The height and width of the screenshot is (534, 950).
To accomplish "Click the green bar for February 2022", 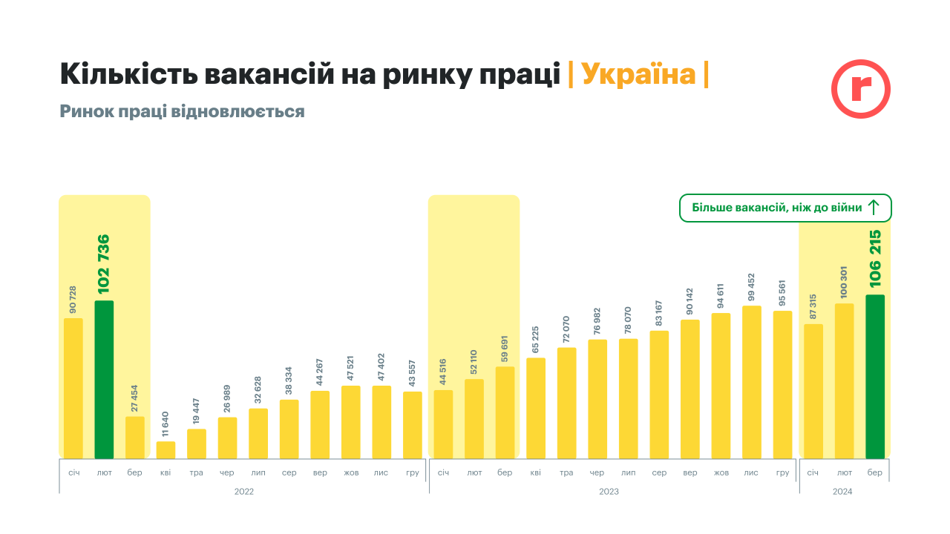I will [104, 379].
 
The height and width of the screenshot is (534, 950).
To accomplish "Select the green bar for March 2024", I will [875, 376].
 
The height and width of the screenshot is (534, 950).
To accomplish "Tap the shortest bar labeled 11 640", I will [166, 450].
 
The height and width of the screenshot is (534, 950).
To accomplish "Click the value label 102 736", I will [103, 263].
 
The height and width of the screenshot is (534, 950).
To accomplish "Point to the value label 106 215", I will [874, 259].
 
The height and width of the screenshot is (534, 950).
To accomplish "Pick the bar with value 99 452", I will [752, 382].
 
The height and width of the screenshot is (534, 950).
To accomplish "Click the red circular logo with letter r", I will [860, 89].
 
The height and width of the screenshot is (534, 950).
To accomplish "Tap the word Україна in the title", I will [638, 75].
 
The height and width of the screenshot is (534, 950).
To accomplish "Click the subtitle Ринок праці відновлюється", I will [182, 112].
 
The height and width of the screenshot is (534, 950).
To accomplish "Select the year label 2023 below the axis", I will [609, 492].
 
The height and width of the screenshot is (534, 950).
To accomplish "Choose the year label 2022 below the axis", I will [243, 492].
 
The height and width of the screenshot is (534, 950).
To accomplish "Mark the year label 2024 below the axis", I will [842, 492].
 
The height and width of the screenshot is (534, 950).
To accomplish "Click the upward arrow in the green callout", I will [874, 208].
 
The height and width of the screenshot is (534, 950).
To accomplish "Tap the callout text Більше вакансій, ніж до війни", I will [776, 208].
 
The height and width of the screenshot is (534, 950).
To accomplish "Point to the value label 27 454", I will [134, 398].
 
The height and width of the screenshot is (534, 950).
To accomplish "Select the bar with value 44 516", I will [443, 424].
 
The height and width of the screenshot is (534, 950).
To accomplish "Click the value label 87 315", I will [813, 305].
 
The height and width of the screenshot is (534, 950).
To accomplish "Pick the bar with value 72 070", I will [566, 403].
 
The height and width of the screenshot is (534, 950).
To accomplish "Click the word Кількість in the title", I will [126, 75].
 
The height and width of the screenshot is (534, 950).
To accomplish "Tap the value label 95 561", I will [782, 294].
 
